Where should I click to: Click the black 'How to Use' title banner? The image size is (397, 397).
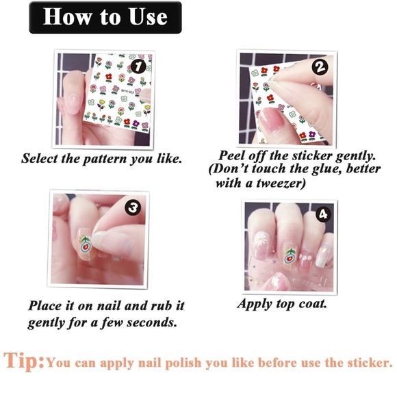(x=105, y=17)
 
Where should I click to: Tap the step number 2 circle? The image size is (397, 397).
(x=320, y=67)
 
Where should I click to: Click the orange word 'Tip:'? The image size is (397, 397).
(x=24, y=360)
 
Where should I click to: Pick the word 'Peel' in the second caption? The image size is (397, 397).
(x=233, y=154)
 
